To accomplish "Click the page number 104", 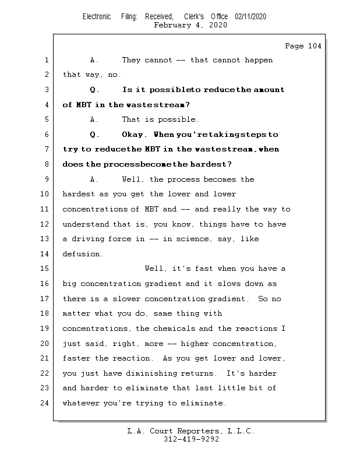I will coord(313,46).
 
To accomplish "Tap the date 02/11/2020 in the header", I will coord(250,17).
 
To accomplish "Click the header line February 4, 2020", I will coord(190,25).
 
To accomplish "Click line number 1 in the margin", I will coord(47,60).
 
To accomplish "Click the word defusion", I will coord(83,254).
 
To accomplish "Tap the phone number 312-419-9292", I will coord(191,440).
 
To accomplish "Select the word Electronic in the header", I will coord(97,17).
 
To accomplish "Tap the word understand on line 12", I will coord(85,224).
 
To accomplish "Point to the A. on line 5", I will coord(94,119).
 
